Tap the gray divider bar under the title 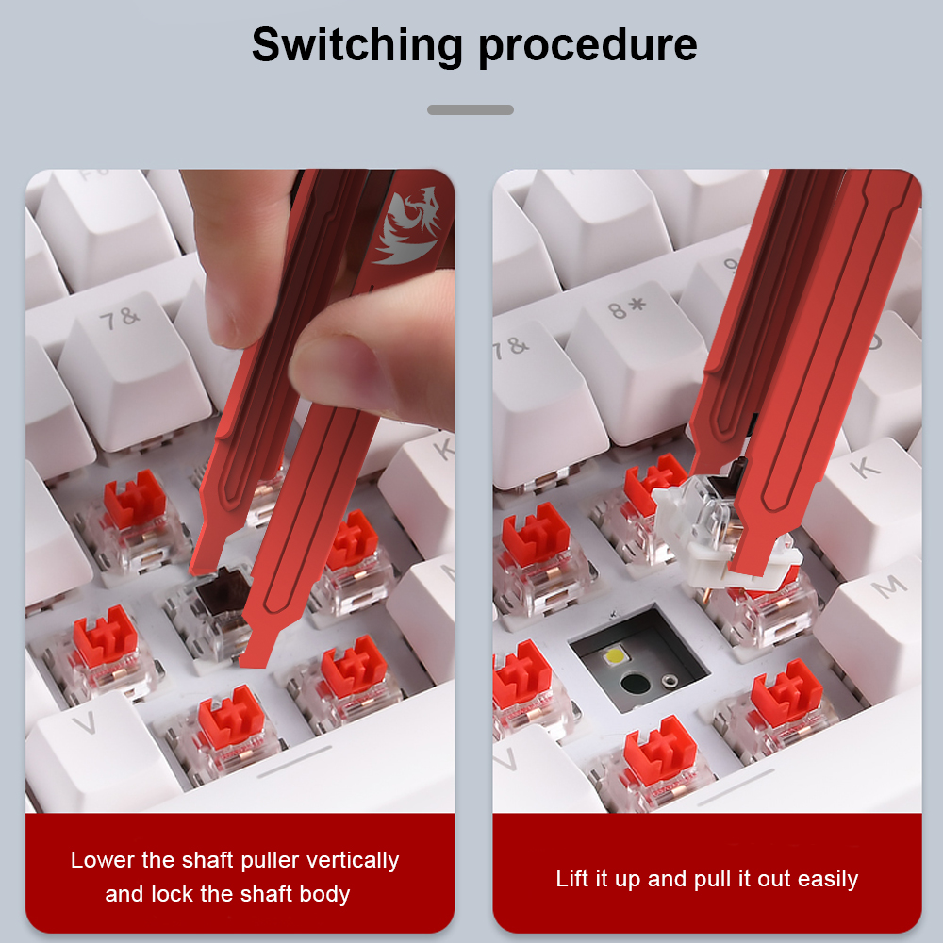(x=471, y=109)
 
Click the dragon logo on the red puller (x=406, y=226)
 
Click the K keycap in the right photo (x=866, y=499)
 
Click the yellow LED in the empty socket (x=615, y=654)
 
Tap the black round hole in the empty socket (x=634, y=684)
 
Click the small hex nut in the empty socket (x=667, y=681)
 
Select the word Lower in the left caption (x=104, y=860)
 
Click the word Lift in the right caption (x=572, y=879)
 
